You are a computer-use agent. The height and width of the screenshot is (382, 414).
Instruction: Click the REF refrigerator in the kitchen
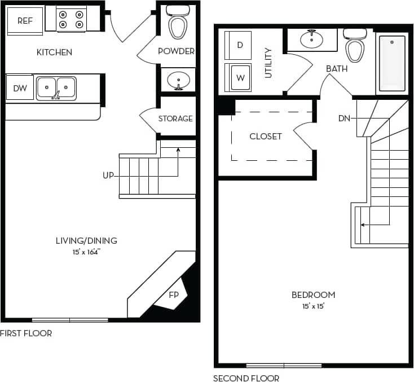[x=25, y=21]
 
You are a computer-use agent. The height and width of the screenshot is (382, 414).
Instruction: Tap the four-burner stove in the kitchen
[x=72, y=20]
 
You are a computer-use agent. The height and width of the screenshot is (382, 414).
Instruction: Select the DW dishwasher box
[x=20, y=88]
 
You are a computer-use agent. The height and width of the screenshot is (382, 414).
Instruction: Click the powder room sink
[x=179, y=80]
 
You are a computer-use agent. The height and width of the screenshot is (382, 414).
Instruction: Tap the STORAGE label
[x=175, y=118]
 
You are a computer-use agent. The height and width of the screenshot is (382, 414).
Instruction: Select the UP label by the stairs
[x=108, y=175]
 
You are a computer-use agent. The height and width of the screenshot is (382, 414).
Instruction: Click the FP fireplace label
[x=174, y=295]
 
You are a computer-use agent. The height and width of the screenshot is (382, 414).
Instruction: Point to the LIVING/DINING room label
[x=86, y=240]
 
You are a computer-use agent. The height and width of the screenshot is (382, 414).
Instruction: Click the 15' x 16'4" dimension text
[x=86, y=252]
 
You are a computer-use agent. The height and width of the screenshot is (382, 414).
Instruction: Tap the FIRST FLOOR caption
[x=26, y=333]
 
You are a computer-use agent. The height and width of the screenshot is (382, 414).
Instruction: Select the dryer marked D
[x=240, y=45]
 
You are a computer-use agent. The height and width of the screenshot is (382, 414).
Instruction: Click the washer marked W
[x=240, y=78]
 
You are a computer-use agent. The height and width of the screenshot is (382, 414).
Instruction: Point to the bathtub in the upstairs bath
[x=391, y=63]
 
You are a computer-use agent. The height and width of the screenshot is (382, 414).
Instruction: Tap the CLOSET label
[x=266, y=137]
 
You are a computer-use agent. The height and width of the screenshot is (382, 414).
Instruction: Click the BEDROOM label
[x=313, y=295]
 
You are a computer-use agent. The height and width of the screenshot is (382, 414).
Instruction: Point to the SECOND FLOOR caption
[x=246, y=378]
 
